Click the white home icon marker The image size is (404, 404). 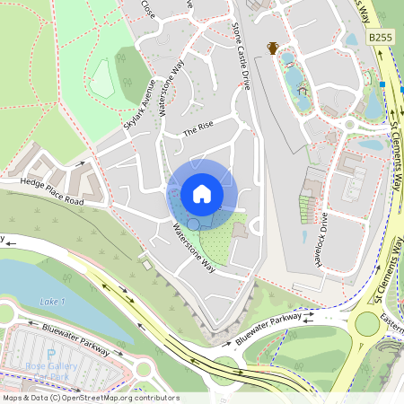pos(202,194)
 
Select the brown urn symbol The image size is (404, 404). pos(272,48)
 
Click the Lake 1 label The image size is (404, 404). pos(53,301)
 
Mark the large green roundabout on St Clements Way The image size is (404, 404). pos(367,322)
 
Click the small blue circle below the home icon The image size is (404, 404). pos(192,224)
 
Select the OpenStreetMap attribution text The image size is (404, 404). pos(90,398)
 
